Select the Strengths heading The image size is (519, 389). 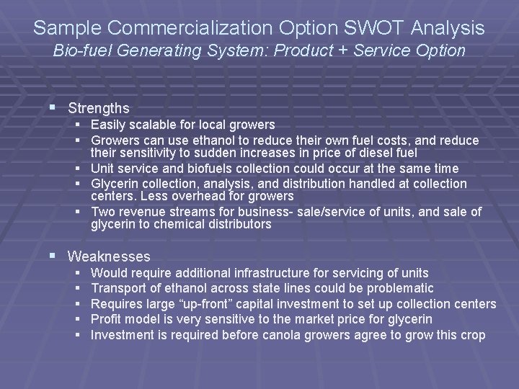coord(98,109)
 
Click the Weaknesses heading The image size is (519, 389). coord(109,256)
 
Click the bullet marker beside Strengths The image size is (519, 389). coord(57,108)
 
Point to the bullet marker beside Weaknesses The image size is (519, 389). coord(57,256)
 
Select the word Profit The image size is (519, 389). coord(106,319)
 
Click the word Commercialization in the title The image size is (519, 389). coord(195,28)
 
